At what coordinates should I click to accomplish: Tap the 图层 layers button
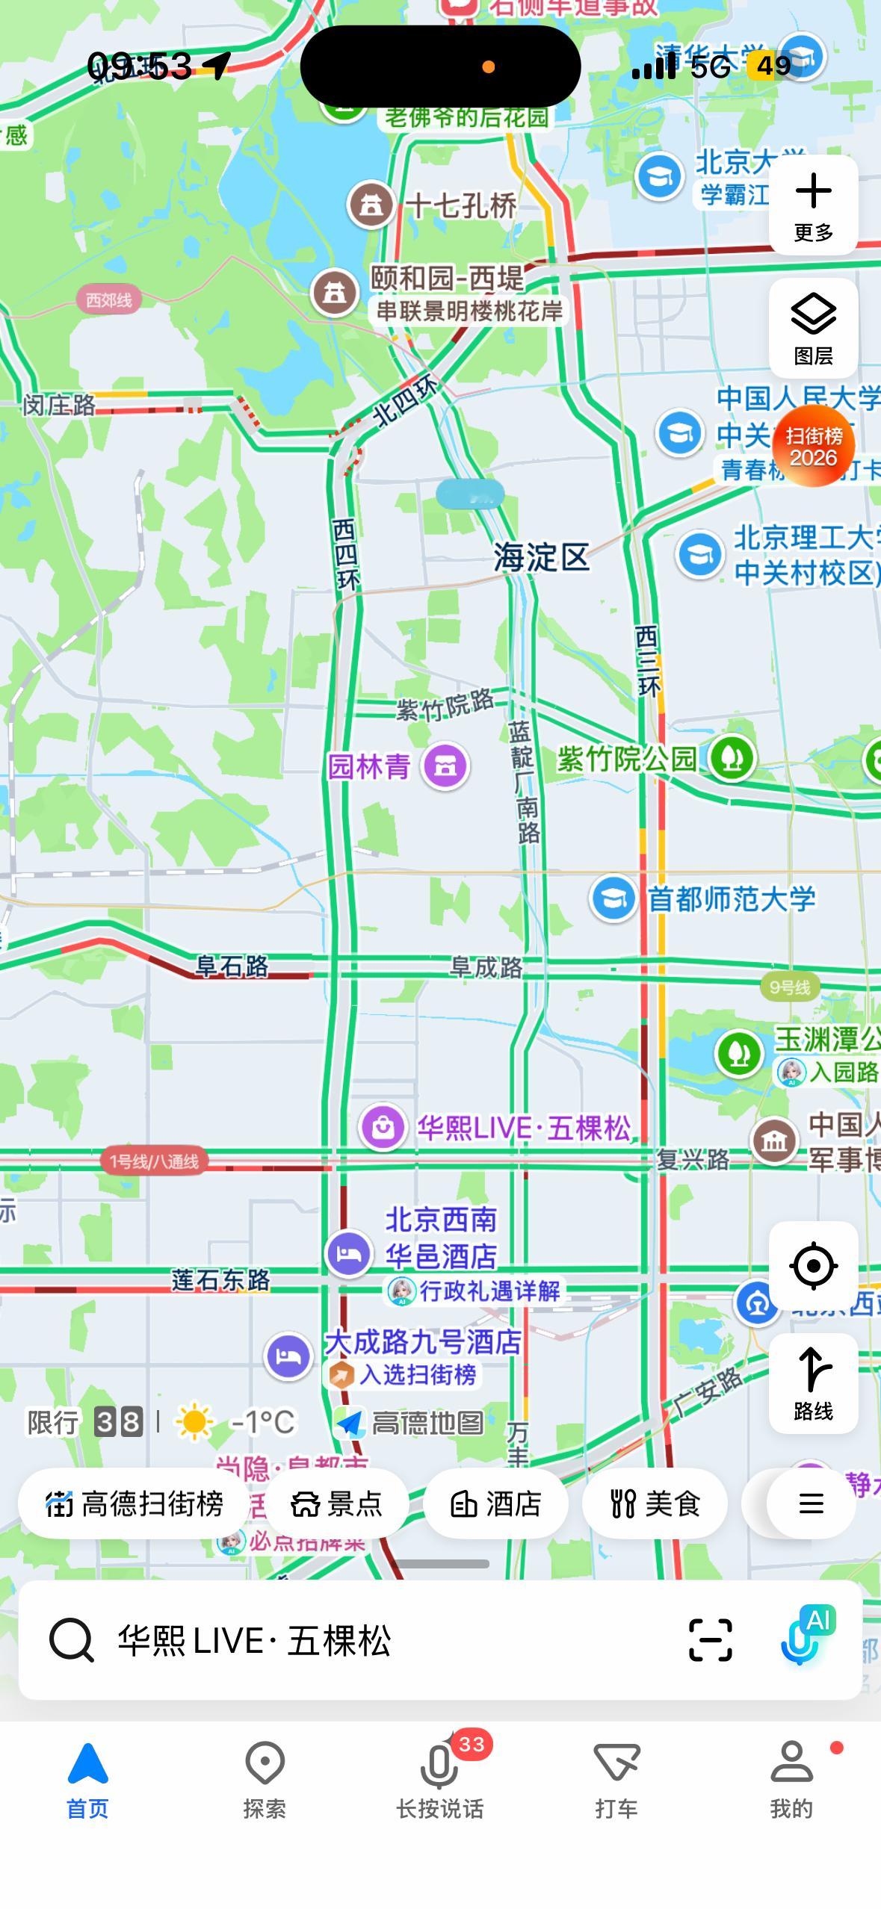point(813,328)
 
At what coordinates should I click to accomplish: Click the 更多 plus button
point(813,205)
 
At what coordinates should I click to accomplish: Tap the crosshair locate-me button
point(813,1265)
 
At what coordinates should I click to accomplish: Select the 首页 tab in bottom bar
point(87,1781)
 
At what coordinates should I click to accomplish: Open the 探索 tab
point(265,1781)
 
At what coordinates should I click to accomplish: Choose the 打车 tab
point(616,1781)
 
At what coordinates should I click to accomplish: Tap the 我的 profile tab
point(791,1781)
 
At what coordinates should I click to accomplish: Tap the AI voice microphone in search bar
point(801,1640)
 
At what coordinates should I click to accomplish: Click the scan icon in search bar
point(710,1640)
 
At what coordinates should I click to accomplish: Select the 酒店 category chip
point(495,1503)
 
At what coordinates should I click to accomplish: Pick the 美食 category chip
point(655,1503)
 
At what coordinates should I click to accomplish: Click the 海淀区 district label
point(541,558)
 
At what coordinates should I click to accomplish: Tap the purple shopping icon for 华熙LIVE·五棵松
point(383,1127)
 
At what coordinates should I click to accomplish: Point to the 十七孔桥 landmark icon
point(371,204)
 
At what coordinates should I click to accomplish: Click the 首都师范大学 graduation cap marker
point(613,898)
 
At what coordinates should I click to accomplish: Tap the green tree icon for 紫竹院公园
point(732,759)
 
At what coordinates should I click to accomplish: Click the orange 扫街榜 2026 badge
point(813,446)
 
